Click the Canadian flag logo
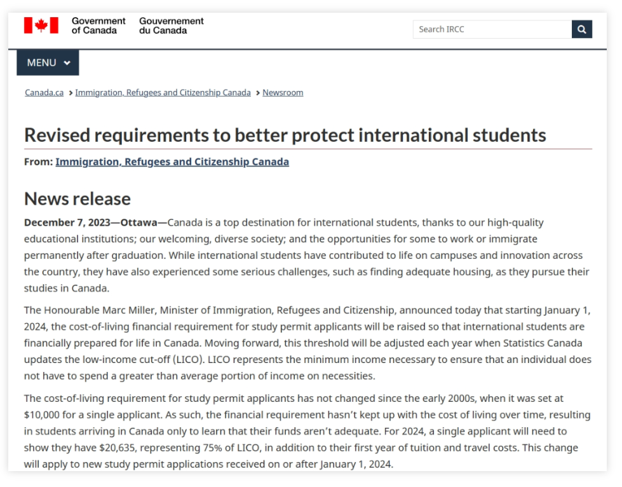coord(41,25)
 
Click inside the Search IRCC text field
coord(492,29)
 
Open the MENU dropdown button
coord(48,62)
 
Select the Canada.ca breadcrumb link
coord(44,93)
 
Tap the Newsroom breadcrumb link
coord(283,93)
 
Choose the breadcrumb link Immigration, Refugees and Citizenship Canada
coord(163,93)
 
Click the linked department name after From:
coord(172,162)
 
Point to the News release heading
coord(78,198)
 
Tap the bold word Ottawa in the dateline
coord(139,223)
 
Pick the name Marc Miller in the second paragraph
coord(131,310)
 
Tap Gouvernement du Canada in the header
coord(172,25)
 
